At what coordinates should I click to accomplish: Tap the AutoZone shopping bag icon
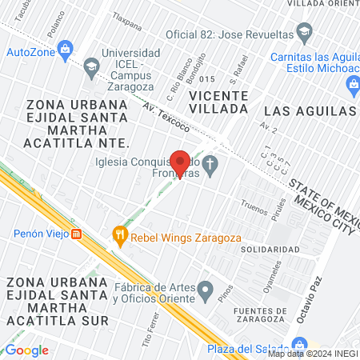pyautogui.click(x=66, y=51)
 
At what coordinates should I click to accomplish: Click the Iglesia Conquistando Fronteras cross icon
pyautogui.click(x=210, y=167)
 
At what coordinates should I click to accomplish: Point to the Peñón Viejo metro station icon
pyautogui.click(x=77, y=234)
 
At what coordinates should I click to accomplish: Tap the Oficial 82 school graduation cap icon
pyautogui.click(x=304, y=34)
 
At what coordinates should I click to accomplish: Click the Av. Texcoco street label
pyautogui.click(x=166, y=114)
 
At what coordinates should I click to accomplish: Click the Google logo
pyautogui.click(x=26, y=350)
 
